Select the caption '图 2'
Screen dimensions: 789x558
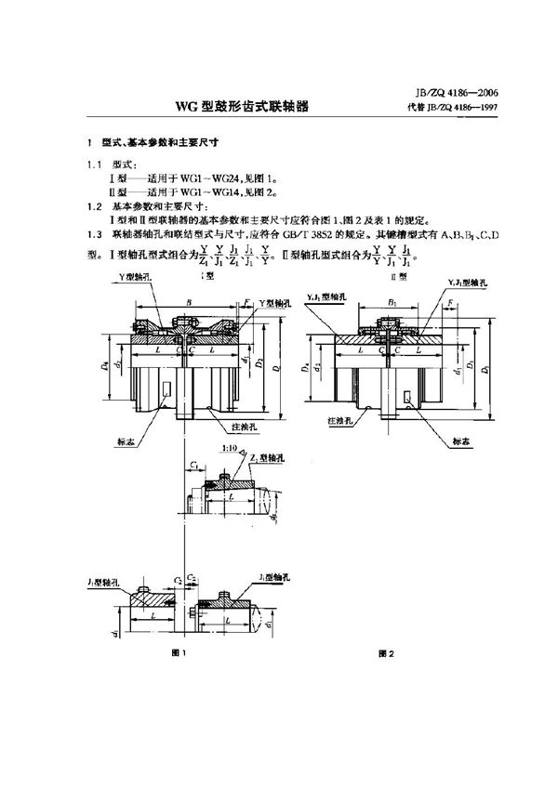(388, 653)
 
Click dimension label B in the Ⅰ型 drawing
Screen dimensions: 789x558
(190, 301)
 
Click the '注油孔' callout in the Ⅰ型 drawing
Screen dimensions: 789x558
(244, 424)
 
